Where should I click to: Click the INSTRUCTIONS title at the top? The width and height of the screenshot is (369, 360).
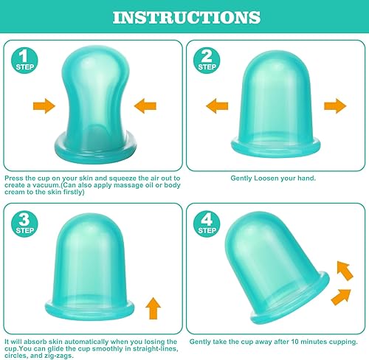[x=184, y=17]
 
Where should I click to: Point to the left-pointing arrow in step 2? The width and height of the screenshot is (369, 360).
[x=217, y=106]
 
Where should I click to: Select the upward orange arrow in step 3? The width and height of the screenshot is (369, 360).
[x=154, y=305]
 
